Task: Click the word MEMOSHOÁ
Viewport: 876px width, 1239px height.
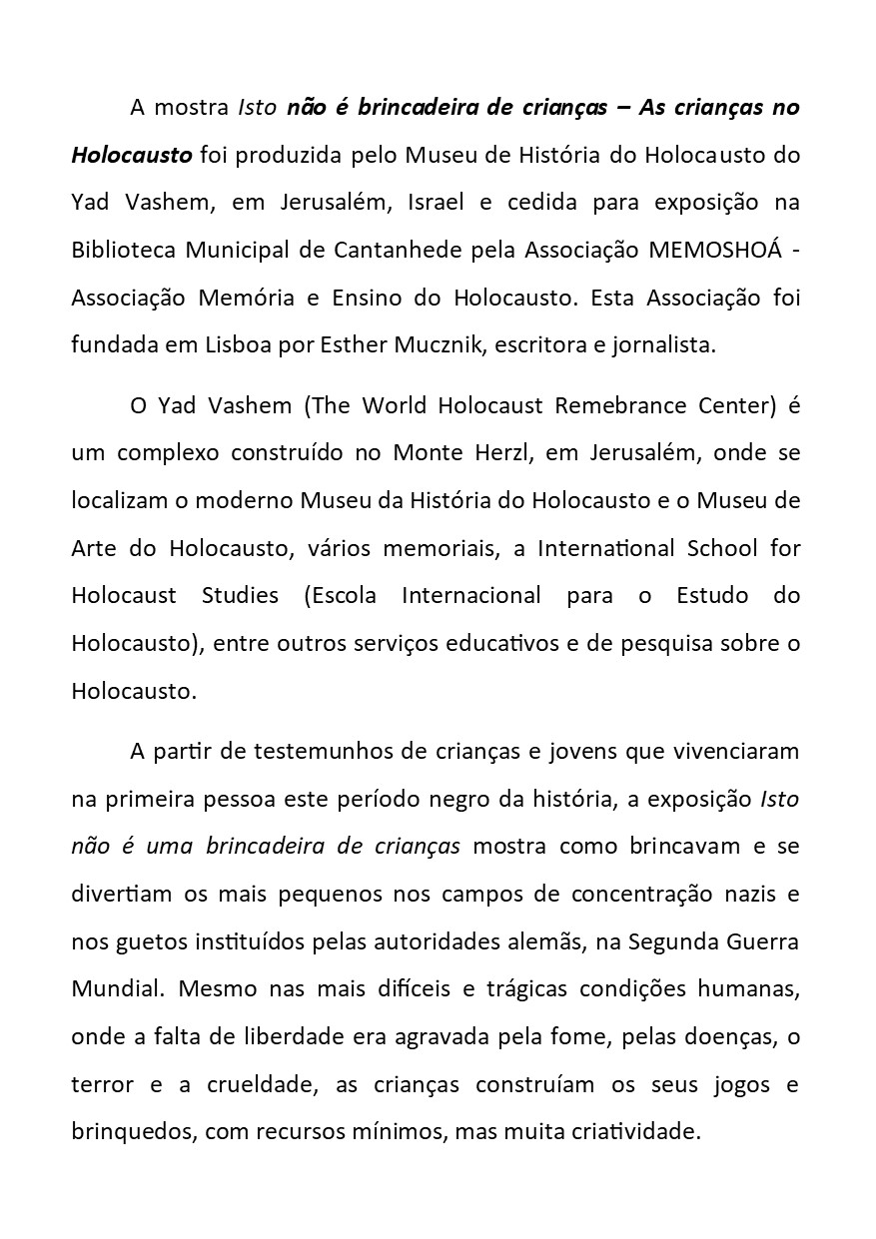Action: [x=713, y=250]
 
